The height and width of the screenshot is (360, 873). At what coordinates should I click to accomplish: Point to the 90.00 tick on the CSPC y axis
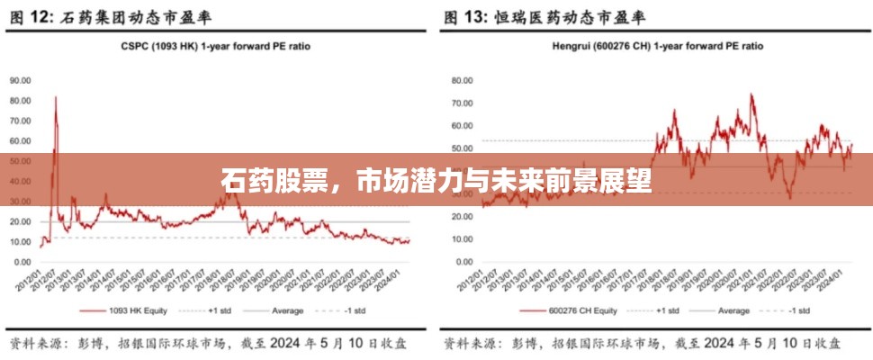[x=21, y=80]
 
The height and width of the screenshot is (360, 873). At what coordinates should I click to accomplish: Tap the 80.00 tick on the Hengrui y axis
[x=461, y=80]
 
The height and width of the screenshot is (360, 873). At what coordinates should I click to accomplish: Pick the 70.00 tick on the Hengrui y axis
[x=461, y=103]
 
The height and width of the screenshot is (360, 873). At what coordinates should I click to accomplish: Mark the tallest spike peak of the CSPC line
[x=56, y=97]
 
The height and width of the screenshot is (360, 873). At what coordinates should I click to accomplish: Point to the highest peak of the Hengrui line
[x=751, y=94]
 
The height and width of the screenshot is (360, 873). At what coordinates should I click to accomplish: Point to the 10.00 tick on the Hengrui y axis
[x=461, y=238]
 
